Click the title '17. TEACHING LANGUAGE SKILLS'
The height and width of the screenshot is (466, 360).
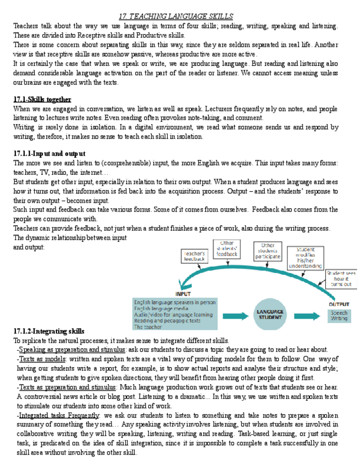point(176,16)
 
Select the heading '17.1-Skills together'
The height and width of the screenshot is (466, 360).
point(42,100)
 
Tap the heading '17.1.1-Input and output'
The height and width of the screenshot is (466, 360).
point(49,153)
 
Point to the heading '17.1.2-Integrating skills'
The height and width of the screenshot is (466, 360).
point(49,331)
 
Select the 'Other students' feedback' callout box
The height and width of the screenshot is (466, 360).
point(226,248)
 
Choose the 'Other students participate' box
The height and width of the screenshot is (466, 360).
point(268,252)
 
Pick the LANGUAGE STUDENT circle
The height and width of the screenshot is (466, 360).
point(270,314)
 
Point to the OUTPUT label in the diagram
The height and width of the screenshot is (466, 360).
point(339,304)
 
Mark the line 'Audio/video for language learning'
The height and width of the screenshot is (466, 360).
point(173,314)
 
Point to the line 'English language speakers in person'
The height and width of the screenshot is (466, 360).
point(174,302)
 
